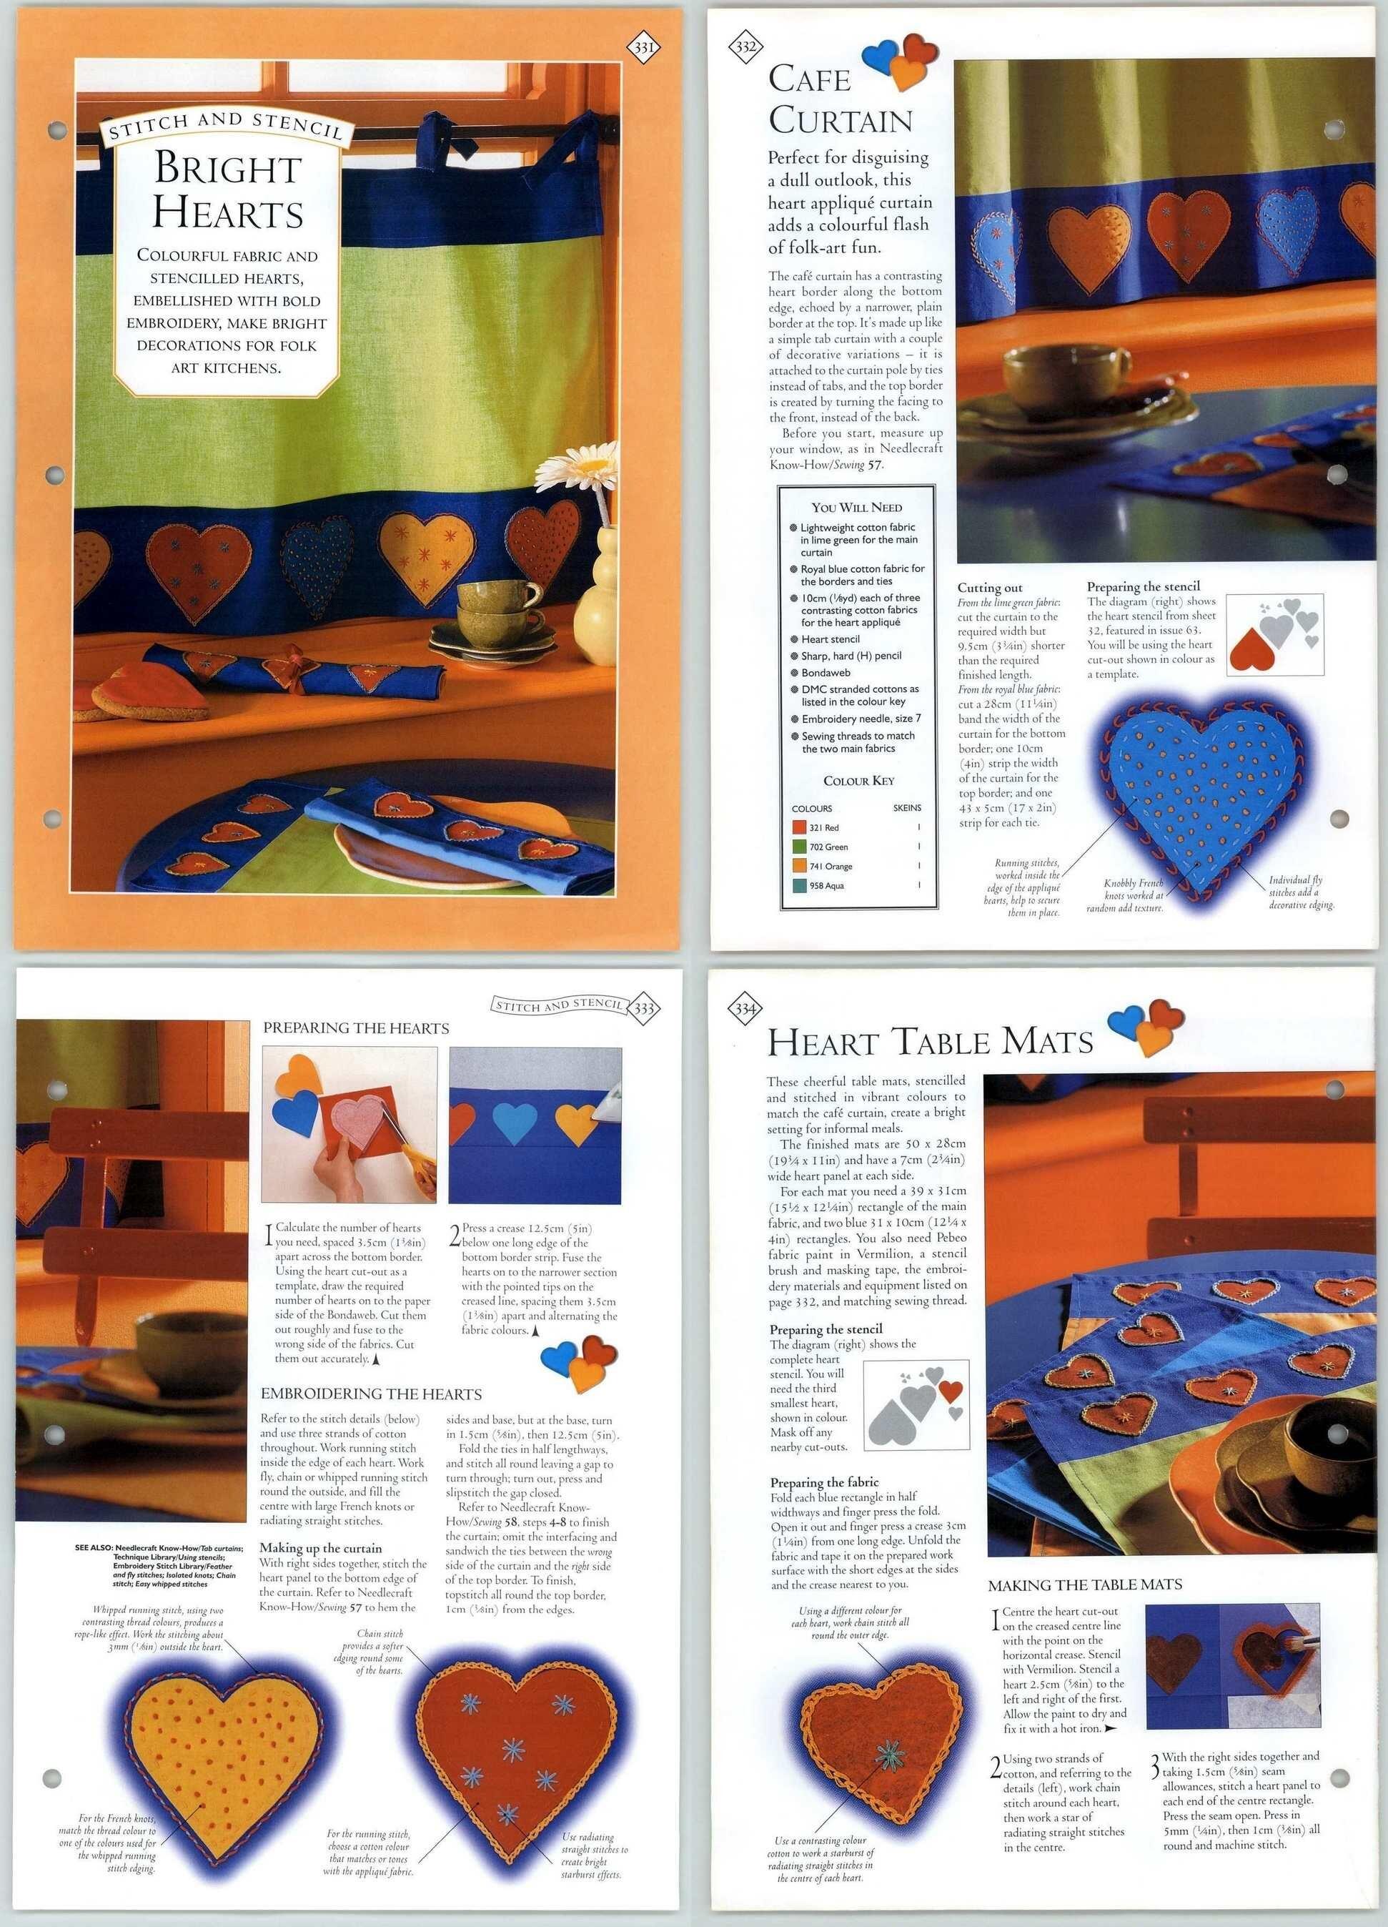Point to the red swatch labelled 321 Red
click(x=798, y=827)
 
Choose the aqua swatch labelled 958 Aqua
click(x=798, y=885)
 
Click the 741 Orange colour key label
click(x=830, y=866)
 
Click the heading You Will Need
click(x=856, y=507)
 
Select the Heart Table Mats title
click(x=930, y=1042)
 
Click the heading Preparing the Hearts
click(x=356, y=1028)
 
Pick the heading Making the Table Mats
click(x=1085, y=1585)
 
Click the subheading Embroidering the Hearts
click(x=371, y=1394)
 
